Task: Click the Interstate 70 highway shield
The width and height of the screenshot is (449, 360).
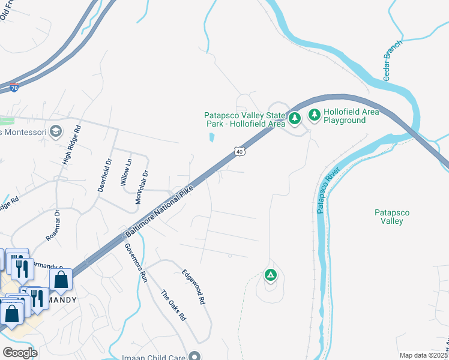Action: point(14,88)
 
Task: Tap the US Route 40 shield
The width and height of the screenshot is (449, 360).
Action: point(240,152)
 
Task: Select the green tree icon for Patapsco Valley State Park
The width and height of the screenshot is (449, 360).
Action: point(294,118)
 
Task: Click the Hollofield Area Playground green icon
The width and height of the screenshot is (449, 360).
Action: point(314,114)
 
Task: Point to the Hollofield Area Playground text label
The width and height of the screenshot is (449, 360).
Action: point(345,116)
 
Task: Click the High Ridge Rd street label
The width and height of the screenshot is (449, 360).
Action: point(71,145)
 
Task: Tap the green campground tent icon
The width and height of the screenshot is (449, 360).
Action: point(271,275)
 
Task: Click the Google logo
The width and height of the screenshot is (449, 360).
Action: point(19,353)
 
